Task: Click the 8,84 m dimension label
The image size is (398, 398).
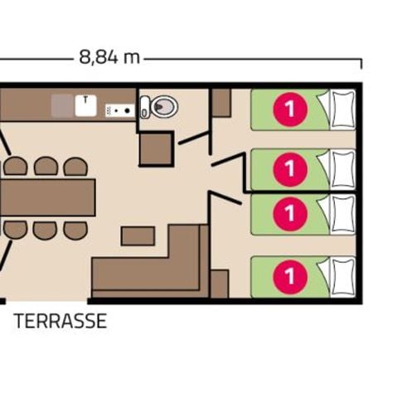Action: click(x=109, y=57)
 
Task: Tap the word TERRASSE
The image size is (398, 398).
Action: click(x=61, y=322)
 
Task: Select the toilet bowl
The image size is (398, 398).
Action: click(x=162, y=106)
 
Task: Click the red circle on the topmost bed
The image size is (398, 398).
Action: click(x=289, y=109)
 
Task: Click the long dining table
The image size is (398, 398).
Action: click(x=48, y=197)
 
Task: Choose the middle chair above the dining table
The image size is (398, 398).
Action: click(x=46, y=167)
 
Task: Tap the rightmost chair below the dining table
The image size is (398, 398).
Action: click(x=75, y=230)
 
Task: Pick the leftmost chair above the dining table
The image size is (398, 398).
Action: click(x=16, y=167)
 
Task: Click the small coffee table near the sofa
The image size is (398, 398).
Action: click(x=138, y=236)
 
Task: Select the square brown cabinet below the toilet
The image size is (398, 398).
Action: click(x=155, y=148)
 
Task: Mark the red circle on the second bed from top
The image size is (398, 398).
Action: click(x=289, y=168)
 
